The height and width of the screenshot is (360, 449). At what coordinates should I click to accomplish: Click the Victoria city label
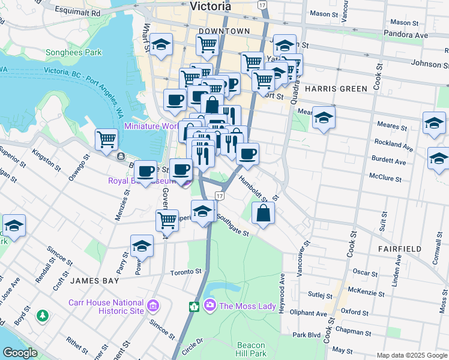click(210, 7)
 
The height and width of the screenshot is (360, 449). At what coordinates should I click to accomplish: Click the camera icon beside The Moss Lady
click(209, 306)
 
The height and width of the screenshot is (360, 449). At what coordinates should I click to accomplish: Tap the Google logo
click(20, 353)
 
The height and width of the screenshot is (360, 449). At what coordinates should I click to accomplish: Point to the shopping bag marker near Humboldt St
click(264, 213)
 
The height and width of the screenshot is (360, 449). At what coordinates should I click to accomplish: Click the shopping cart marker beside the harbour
click(106, 139)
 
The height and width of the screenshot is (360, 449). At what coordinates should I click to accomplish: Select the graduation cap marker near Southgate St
click(203, 212)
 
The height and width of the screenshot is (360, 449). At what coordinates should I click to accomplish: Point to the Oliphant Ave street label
click(308, 313)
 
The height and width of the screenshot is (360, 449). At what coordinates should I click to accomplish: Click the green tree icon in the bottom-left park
click(42, 315)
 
